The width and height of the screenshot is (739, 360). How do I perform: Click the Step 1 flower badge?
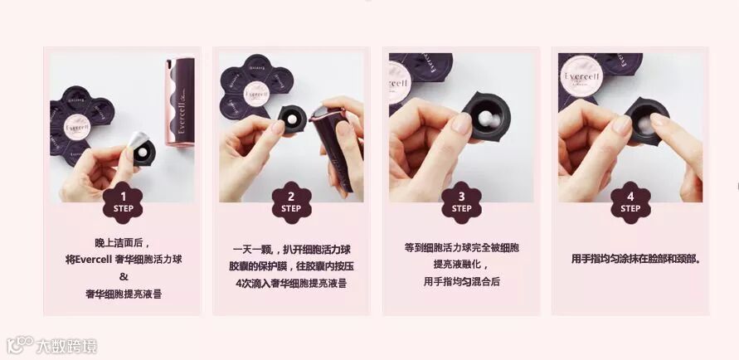[123, 202]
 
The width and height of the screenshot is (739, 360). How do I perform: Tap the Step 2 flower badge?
[291, 202]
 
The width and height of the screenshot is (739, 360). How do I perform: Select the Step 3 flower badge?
[461, 202]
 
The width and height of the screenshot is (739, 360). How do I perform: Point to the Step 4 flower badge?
[630, 202]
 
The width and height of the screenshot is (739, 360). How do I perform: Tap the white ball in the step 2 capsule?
[293, 119]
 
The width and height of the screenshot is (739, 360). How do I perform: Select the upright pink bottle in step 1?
[179, 102]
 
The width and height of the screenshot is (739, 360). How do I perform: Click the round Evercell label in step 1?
[77, 127]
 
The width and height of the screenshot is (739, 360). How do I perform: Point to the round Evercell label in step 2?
[257, 94]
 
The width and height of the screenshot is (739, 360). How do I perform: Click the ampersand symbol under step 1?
[124, 276]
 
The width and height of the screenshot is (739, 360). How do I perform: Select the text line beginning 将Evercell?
[124, 260]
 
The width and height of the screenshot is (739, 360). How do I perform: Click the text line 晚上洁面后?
[123, 243]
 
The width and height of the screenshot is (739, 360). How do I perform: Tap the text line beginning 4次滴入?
[291, 284]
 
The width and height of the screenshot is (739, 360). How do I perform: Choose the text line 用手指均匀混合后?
[461, 282]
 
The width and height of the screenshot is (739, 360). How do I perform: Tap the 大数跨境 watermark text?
[66, 347]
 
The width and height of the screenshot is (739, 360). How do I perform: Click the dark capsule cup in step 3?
[486, 116]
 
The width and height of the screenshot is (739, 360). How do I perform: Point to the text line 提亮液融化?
[462, 265]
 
